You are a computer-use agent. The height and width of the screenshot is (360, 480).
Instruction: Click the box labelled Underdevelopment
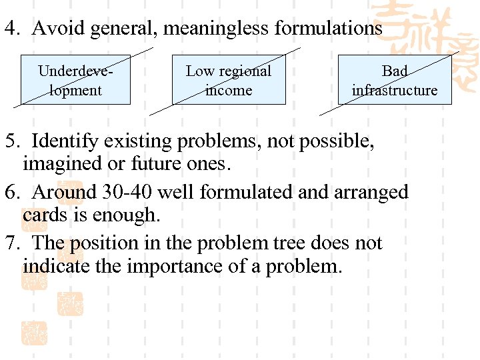(75, 80)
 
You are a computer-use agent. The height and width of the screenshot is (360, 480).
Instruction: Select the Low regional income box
(229, 80)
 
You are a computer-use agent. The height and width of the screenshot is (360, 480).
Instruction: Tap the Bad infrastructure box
(395, 80)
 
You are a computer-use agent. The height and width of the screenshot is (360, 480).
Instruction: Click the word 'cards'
(45, 215)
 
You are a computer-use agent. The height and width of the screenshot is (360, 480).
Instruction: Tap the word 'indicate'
(55, 266)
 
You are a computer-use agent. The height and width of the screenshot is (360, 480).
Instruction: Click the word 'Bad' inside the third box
(395, 71)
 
